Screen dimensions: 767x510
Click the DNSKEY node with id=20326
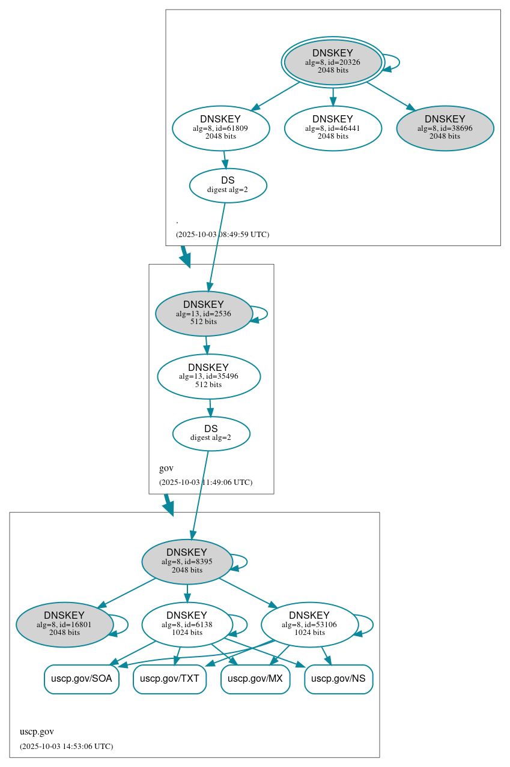pos(333,62)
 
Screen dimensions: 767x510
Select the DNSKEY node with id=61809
pos(220,128)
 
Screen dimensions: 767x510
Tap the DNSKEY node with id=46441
pos(333,128)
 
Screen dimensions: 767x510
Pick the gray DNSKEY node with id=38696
pos(445,128)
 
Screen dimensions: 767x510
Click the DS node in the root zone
pos(228,185)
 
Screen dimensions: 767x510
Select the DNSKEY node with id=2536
pos(203,313)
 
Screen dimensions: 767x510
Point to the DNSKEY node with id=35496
pos(208,376)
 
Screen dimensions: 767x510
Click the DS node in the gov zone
pos(211,433)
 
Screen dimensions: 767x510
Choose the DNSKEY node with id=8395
pos(186,562)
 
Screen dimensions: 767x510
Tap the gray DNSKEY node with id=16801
pos(64,625)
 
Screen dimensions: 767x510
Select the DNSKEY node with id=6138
pos(186,625)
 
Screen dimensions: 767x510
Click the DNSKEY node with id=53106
pos(309,625)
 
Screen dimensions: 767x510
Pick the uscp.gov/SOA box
pos(82,679)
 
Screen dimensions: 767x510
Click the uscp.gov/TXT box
pos(169,679)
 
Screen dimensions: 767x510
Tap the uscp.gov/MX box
pos(255,679)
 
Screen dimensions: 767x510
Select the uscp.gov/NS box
pos(339,679)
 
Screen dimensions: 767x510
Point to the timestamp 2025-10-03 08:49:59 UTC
pos(222,235)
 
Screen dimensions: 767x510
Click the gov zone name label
pos(166,468)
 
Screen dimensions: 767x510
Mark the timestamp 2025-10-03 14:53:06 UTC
pos(66,747)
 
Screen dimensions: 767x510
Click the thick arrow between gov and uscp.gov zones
pos(169,504)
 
